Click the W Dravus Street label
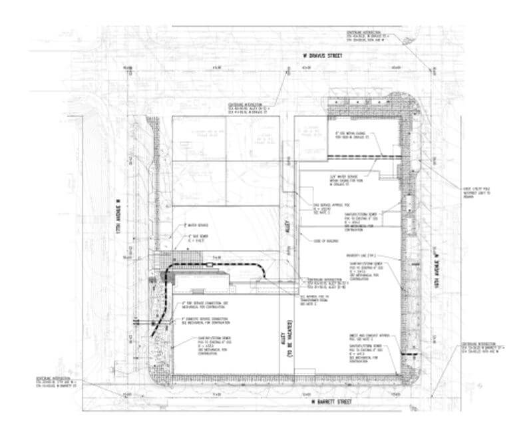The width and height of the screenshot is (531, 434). point(321,56)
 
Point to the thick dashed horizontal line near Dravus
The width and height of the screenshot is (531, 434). point(366,156)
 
